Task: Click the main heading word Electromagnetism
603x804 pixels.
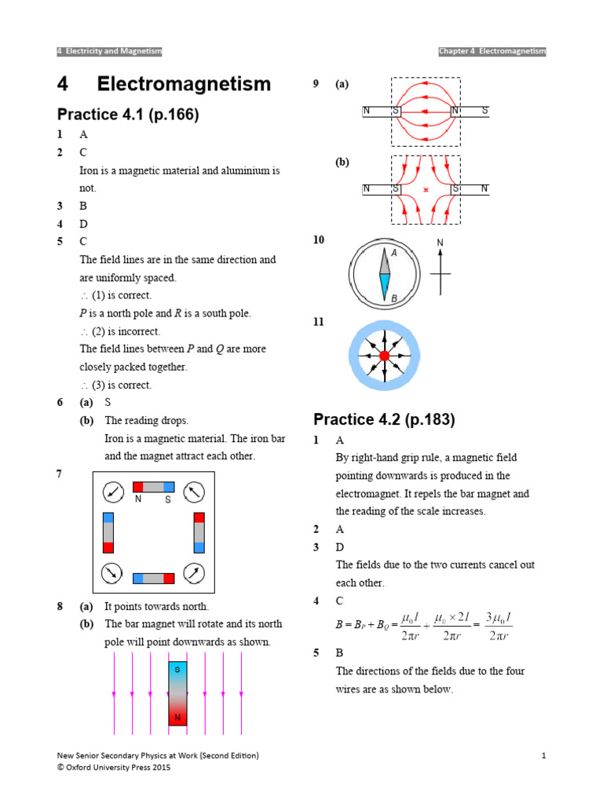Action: (184, 84)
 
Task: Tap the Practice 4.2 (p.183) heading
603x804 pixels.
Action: (384, 419)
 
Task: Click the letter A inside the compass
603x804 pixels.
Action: (394, 254)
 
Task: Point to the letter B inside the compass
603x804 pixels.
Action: (394, 298)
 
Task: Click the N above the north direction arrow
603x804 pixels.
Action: (440, 243)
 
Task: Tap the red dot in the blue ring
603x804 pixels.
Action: (384, 356)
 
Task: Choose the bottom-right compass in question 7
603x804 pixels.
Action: (194, 572)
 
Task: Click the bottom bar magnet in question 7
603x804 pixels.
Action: (153, 579)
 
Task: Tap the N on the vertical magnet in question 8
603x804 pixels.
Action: (177, 718)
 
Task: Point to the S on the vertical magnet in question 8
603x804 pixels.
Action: (177, 670)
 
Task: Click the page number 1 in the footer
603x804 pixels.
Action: (543, 755)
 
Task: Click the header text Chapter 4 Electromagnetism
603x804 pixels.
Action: (492, 51)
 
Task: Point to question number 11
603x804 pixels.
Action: (318, 322)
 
